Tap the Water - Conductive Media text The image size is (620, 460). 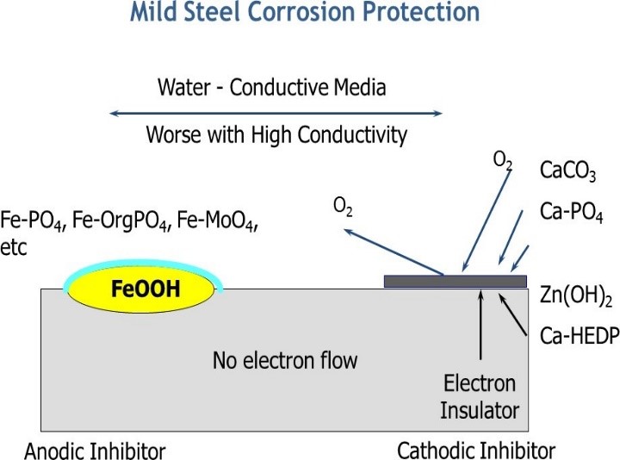click(272, 87)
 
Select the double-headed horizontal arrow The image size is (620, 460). click(276, 113)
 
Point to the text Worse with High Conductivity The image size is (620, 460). click(276, 135)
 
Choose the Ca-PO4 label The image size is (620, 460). click(571, 212)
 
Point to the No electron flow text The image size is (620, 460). click(284, 360)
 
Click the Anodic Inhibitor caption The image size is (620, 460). click(95, 450)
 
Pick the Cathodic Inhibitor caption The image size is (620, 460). click(476, 450)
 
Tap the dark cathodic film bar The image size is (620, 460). click(455, 281)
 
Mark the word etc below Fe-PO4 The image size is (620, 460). click(15, 248)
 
